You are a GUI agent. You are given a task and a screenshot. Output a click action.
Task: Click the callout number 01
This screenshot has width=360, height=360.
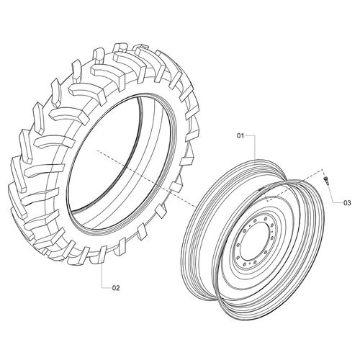point(241,135)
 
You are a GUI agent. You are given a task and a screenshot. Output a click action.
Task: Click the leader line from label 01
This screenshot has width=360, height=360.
point(253,144)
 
